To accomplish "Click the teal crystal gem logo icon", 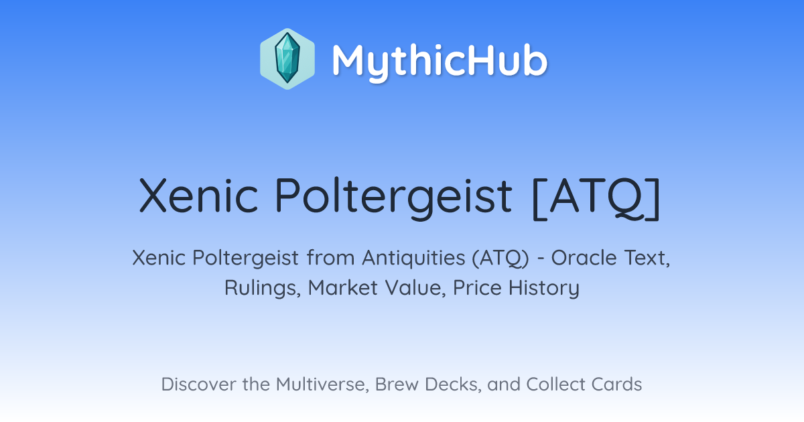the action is [287, 59].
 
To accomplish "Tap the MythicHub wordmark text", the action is [440, 62].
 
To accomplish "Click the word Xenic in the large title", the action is [198, 196].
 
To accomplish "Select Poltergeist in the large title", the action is [393, 198].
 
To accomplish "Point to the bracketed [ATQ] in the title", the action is [596, 198].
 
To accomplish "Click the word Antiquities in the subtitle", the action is [413, 257].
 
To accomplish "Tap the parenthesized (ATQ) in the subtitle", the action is [500, 258].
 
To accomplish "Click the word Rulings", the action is [263, 288].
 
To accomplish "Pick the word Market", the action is [343, 287].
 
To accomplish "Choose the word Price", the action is [477, 287].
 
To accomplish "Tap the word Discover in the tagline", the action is [198, 384].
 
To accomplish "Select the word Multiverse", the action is [322, 384].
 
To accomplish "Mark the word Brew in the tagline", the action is [397, 384].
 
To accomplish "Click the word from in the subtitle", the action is [330, 257].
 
